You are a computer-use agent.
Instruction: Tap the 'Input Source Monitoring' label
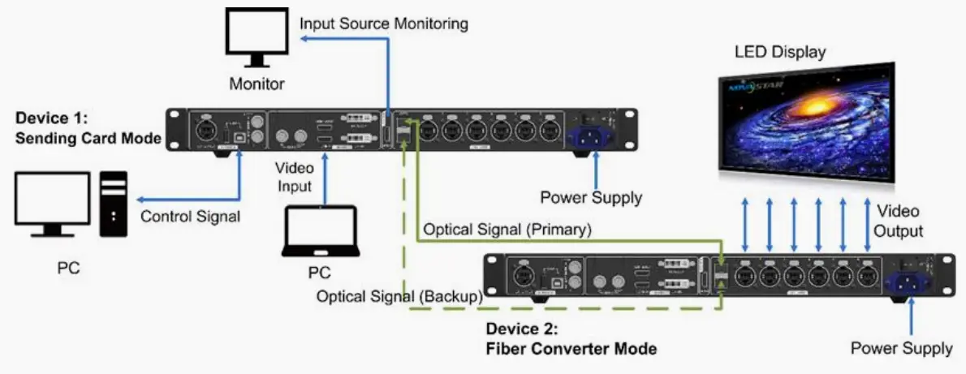point(383,24)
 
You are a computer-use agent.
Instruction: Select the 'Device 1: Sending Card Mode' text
point(88,128)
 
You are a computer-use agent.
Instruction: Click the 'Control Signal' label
point(191,217)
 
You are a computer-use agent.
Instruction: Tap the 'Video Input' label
point(296,176)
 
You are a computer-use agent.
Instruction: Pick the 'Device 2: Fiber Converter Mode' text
point(571,340)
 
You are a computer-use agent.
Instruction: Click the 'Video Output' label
point(897,221)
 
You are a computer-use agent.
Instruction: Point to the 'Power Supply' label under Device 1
point(591,197)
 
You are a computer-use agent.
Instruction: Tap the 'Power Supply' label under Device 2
point(901,348)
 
